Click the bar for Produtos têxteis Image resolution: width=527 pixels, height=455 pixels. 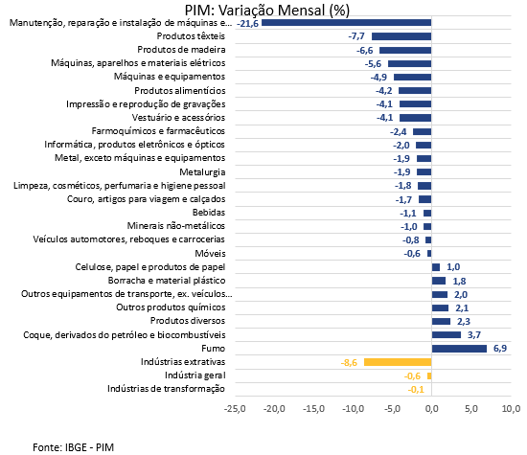(401, 36)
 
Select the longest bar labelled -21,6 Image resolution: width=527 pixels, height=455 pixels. (347, 23)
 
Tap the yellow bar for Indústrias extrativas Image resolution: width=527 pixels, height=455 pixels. (398, 362)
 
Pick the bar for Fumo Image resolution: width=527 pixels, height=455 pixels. (459, 349)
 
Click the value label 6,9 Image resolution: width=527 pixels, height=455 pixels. (500, 348)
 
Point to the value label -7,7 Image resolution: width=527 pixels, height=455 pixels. (356, 36)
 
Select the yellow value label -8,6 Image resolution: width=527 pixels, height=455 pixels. (349, 363)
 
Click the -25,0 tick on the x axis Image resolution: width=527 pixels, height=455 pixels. (235, 409)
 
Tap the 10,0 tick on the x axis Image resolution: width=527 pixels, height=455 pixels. (512, 409)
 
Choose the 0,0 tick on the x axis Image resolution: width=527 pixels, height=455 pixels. (432, 409)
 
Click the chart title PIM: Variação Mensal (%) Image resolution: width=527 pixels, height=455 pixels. (267, 11)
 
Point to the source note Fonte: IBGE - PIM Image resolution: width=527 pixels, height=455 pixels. (73, 447)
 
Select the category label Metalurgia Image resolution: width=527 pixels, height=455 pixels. (202, 172)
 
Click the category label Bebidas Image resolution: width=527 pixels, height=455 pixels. (209, 213)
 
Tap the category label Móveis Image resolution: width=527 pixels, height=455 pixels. (210, 253)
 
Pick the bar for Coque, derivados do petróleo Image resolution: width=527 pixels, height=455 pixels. (447, 334)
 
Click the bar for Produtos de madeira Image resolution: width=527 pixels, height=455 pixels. (405, 50)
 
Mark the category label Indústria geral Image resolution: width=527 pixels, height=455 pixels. (195, 375)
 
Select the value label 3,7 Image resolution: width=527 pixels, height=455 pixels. (474, 334)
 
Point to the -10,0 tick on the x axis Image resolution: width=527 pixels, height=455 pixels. (354, 409)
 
